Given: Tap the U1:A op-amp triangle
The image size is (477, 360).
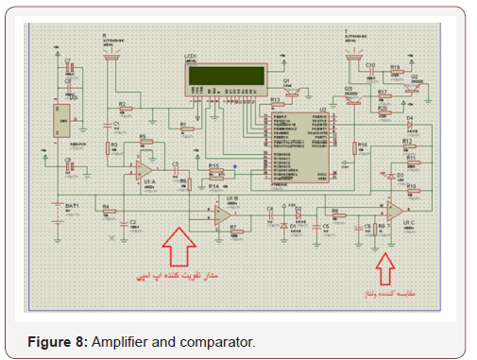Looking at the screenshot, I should point(144,170).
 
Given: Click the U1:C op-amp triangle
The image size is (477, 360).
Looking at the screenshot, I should point(394,210).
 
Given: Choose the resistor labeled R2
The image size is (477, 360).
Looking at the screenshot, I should point(122,110).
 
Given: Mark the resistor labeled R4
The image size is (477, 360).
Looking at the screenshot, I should point(106,212).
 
